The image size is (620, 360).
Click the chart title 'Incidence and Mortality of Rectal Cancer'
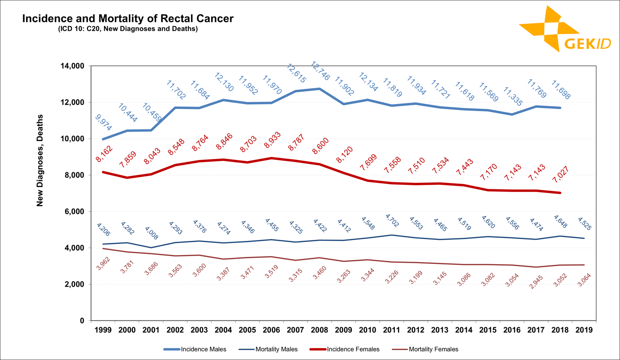click(x=128, y=19)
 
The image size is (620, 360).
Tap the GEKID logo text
click(x=587, y=44)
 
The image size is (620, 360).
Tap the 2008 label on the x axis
click(x=319, y=330)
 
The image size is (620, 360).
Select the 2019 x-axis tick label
click(x=584, y=330)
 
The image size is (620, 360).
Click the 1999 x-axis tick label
click(x=103, y=330)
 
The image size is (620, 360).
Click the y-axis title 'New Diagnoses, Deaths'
click(x=40, y=160)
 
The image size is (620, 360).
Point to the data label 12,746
click(x=320, y=71)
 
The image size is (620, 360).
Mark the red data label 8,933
click(x=272, y=140)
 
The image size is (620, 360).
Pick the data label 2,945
click(x=537, y=282)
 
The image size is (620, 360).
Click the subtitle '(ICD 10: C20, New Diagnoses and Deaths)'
click(x=128, y=29)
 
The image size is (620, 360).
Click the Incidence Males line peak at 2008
click(x=319, y=89)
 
